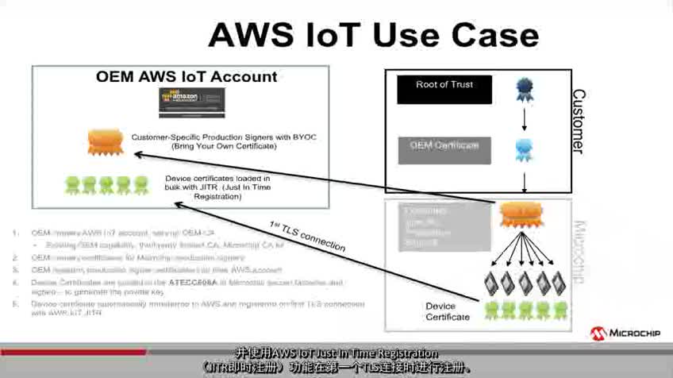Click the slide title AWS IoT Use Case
pos(373,35)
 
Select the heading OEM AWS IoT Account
pos(187,77)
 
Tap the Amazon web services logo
pos(191,102)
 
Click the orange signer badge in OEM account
pos(106,141)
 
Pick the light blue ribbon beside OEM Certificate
pos(524,148)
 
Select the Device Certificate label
pos(448,311)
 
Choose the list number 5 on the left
pos(15,304)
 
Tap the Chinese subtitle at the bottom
pos(336,361)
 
